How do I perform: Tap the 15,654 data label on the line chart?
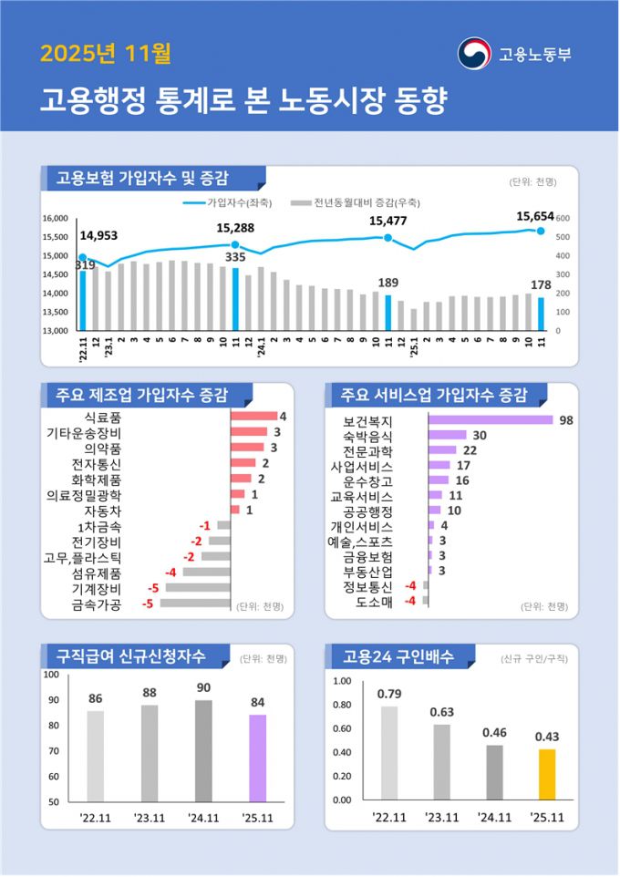[535, 216]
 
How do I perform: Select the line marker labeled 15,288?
[235, 245]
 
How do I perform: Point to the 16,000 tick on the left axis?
[57, 219]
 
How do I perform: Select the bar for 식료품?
[253, 417]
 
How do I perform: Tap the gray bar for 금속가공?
[195, 604]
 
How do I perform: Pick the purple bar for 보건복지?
[491, 420]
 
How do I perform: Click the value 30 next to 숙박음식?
[479, 436]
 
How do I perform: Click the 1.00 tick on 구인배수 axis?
[342, 681]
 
